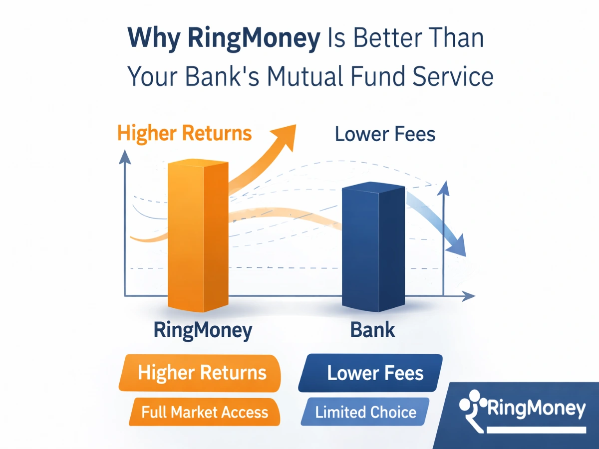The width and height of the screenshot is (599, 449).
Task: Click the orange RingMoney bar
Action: tap(197, 234)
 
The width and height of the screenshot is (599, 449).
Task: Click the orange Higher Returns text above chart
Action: tap(184, 134)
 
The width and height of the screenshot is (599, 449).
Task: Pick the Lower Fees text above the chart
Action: tap(385, 134)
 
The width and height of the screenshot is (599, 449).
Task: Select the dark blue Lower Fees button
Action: tap(372, 373)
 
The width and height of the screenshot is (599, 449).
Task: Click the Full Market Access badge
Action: tap(204, 412)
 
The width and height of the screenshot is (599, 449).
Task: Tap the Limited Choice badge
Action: tap(366, 412)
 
